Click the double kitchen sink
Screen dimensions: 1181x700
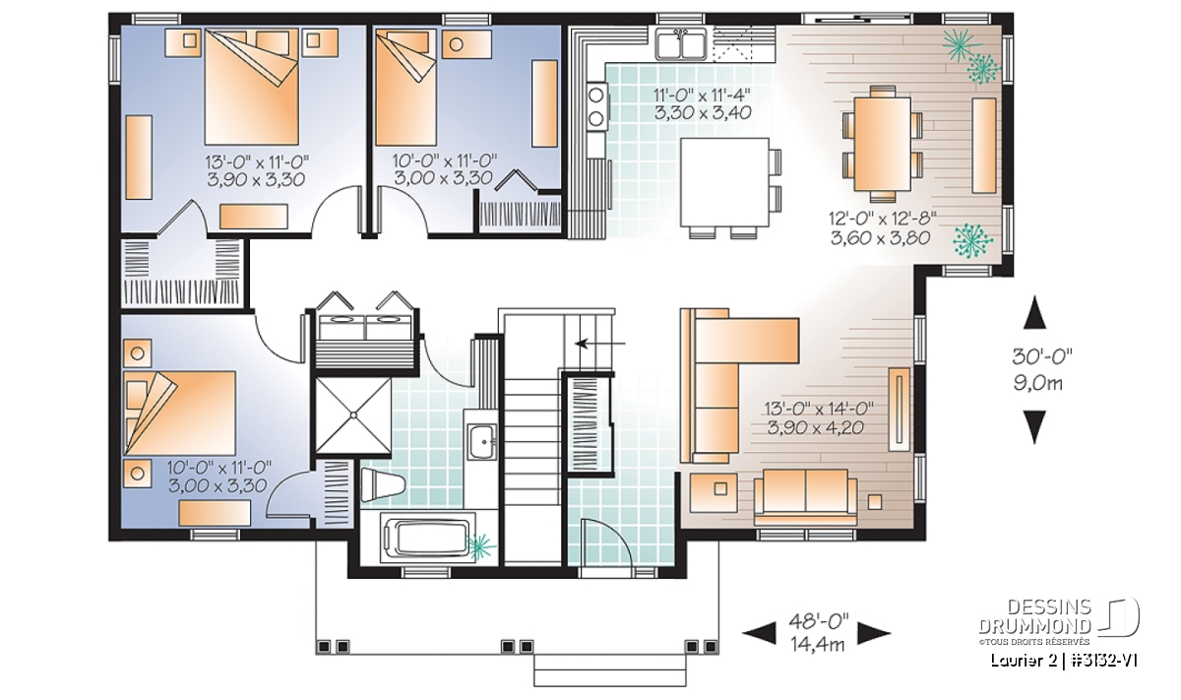[681, 43]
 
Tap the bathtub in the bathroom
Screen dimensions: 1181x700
[427, 539]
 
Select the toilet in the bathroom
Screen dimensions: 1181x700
[382, 484]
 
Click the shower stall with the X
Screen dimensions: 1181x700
[352, 415]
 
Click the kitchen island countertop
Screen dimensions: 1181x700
[724, 182]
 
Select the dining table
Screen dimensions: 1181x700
[882, 144]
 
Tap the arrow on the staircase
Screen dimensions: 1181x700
[600, 344]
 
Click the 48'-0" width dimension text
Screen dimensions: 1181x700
[819, 620]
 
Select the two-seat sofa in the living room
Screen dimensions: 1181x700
[805, 496]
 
